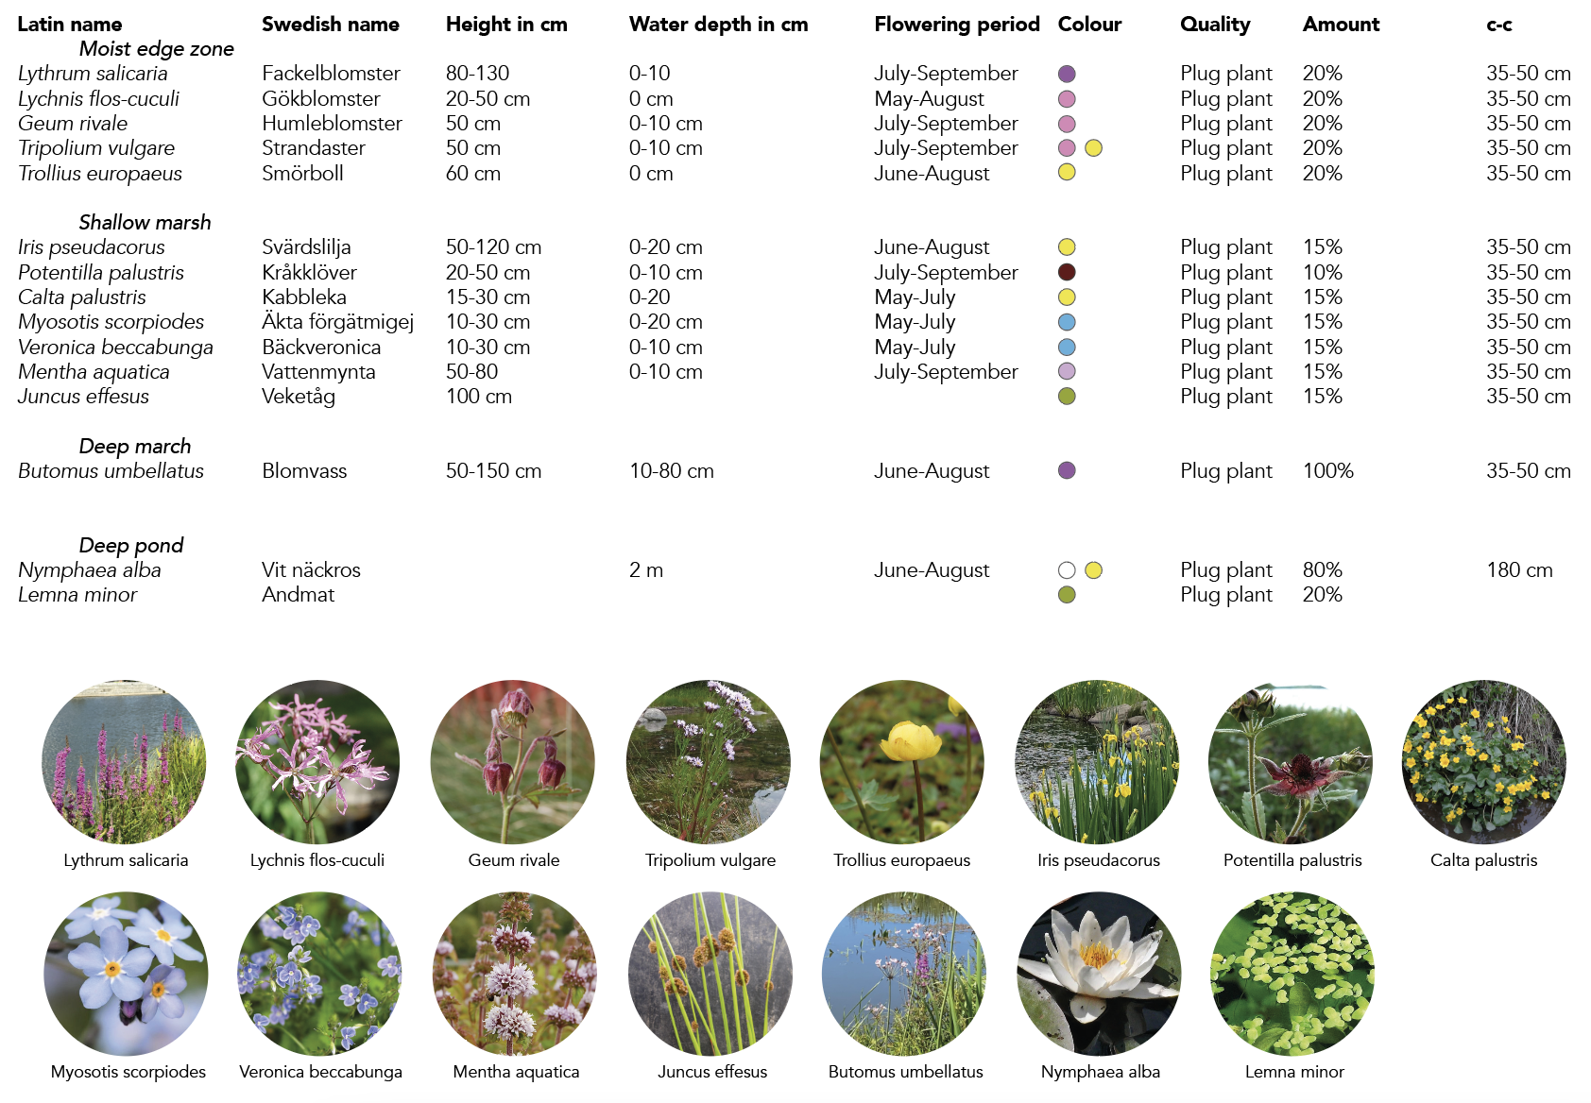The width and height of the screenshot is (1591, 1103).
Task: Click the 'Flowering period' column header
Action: (956, 25)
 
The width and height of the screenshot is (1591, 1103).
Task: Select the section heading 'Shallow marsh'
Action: (145, 222)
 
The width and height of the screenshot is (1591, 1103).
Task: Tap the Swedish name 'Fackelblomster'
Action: (331, 74)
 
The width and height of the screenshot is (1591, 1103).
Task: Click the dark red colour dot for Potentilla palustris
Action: (1067, 272)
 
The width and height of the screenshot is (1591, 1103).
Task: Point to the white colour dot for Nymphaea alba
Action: (1067, 570)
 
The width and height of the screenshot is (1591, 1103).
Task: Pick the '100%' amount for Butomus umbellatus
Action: (1327, 470)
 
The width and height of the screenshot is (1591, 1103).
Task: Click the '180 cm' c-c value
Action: (1519, 570)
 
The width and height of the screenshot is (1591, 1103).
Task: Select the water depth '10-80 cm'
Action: (671, 470)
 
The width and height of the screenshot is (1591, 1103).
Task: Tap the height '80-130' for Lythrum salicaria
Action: (477, 74)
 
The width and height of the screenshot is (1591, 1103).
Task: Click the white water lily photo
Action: (1099, 974)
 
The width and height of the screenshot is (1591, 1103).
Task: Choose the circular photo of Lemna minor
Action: (1292, 974)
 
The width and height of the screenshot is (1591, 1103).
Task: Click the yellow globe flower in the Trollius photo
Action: (911, 742)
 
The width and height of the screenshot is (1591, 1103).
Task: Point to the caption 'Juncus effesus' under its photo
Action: (712, 1072)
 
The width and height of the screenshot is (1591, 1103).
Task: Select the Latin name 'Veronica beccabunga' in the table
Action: (115, 348)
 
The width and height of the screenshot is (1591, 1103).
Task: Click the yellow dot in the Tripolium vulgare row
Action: (1093, 148)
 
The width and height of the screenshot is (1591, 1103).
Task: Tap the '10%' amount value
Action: (1322, 272)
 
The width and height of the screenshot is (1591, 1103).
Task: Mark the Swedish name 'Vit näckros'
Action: (311, 570)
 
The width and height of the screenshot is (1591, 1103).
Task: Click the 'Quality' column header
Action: (1215, 25)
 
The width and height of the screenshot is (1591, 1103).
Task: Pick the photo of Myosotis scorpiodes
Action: (126, 974)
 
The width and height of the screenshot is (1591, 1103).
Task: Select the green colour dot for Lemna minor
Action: (1067, 595)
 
